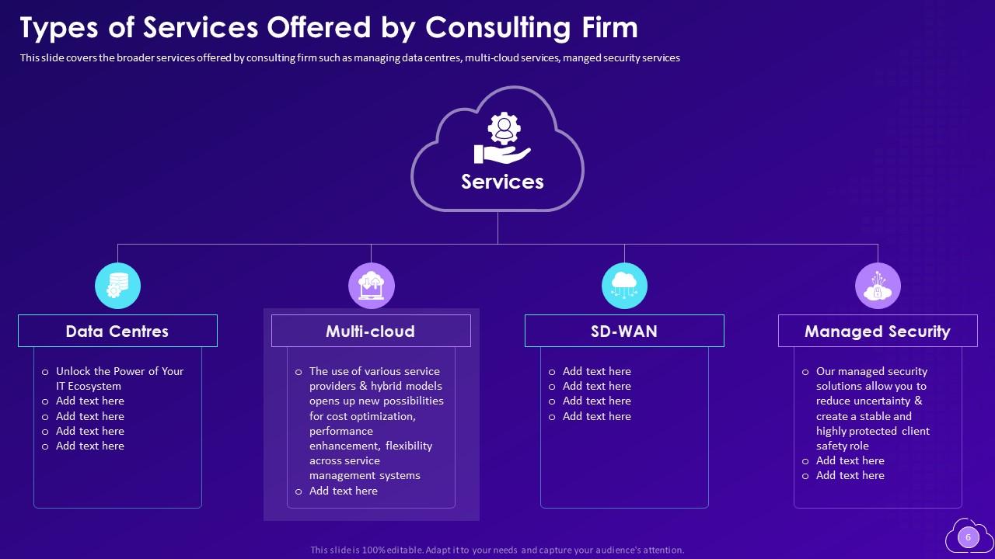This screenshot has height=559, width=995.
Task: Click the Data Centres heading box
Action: click(x=117, y=331)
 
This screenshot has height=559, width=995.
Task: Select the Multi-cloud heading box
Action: click(x=371, y=331)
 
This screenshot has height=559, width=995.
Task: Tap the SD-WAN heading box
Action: click(x=624, y=331)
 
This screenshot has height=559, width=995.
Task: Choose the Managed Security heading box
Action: click(x=878, y=331)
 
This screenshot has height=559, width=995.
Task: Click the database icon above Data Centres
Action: click(x=117, y=286)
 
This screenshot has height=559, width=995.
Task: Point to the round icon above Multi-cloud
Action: click(x=371, y=286)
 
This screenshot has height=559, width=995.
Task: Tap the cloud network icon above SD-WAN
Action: click(x=624, y=286)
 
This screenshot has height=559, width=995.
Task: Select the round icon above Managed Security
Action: click(x=878, y=286)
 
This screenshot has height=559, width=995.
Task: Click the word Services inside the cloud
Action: click(x=502, y=182)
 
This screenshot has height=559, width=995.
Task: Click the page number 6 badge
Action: click(x=968, y=537)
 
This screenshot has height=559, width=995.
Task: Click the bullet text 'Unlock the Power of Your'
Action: click(x=120, y=371)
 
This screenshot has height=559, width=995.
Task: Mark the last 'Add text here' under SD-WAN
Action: click(x=596, y=416)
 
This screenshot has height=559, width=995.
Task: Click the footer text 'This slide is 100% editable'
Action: click(x=366, y=550)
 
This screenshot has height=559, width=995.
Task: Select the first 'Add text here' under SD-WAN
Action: click(x=596, y=371)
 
